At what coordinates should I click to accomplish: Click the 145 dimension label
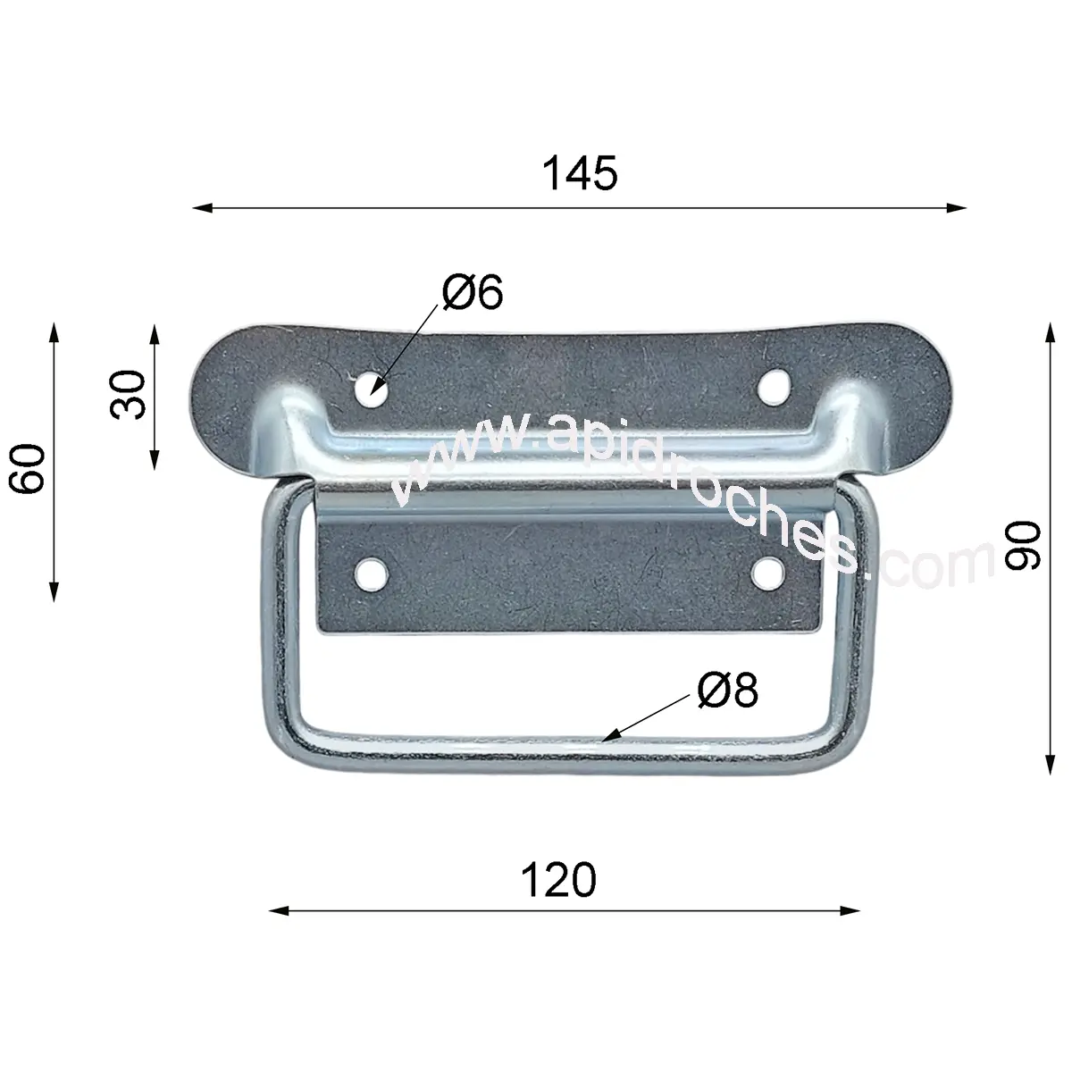580,173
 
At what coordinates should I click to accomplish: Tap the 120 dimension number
558,880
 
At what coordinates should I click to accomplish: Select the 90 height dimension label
1023,545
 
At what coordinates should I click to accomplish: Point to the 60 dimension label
26,468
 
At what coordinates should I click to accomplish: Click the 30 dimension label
128,395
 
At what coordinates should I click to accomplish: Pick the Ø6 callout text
473,291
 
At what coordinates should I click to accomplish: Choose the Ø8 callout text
728,690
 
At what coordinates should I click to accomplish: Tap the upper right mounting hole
774,386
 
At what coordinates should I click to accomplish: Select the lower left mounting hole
372,574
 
